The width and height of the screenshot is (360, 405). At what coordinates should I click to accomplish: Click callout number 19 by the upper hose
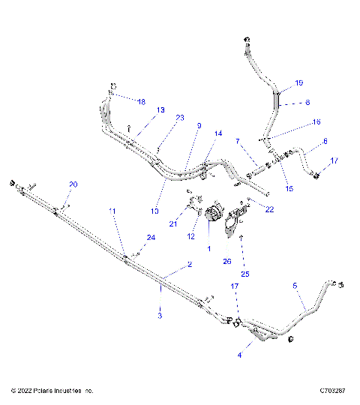(298, 82)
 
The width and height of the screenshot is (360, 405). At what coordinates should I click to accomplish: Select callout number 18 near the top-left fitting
(142, 100)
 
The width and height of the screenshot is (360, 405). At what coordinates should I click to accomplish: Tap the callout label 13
(160, 110)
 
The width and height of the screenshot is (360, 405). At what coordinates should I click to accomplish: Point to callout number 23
(179, 118)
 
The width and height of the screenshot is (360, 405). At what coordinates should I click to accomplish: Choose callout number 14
(217, 134)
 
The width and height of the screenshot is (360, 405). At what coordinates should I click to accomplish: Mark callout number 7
(237, 141)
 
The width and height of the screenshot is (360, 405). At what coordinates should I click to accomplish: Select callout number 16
(316, 121)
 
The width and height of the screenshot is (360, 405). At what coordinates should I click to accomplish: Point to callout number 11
(113, 212)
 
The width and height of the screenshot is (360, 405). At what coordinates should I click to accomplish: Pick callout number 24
(152, 238)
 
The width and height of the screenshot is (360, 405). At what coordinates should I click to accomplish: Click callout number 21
(172, 223)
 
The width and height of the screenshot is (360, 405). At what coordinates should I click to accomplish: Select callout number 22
(270, 210)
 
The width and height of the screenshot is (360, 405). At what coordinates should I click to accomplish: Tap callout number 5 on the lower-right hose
(295, 286)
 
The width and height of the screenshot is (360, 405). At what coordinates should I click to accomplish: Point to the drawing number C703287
(331, 391)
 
